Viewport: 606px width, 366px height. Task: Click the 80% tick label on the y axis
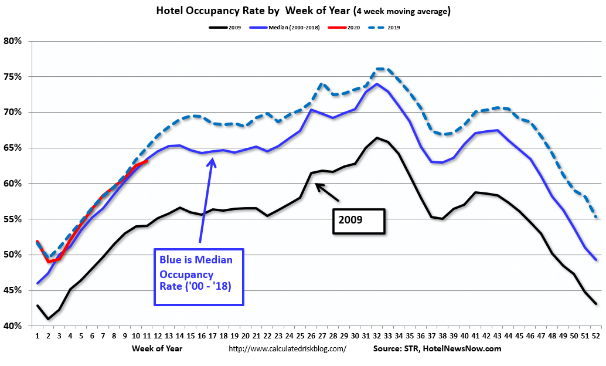13,41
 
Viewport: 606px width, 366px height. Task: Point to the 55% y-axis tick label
13,219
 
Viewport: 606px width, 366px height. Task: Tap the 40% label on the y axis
13,326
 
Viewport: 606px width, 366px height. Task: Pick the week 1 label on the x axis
38,337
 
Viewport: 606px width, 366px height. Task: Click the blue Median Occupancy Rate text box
199,276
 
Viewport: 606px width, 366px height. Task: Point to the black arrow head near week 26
317,186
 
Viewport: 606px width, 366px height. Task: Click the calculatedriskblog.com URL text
287,348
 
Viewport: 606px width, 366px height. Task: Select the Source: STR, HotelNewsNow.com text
437,348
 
